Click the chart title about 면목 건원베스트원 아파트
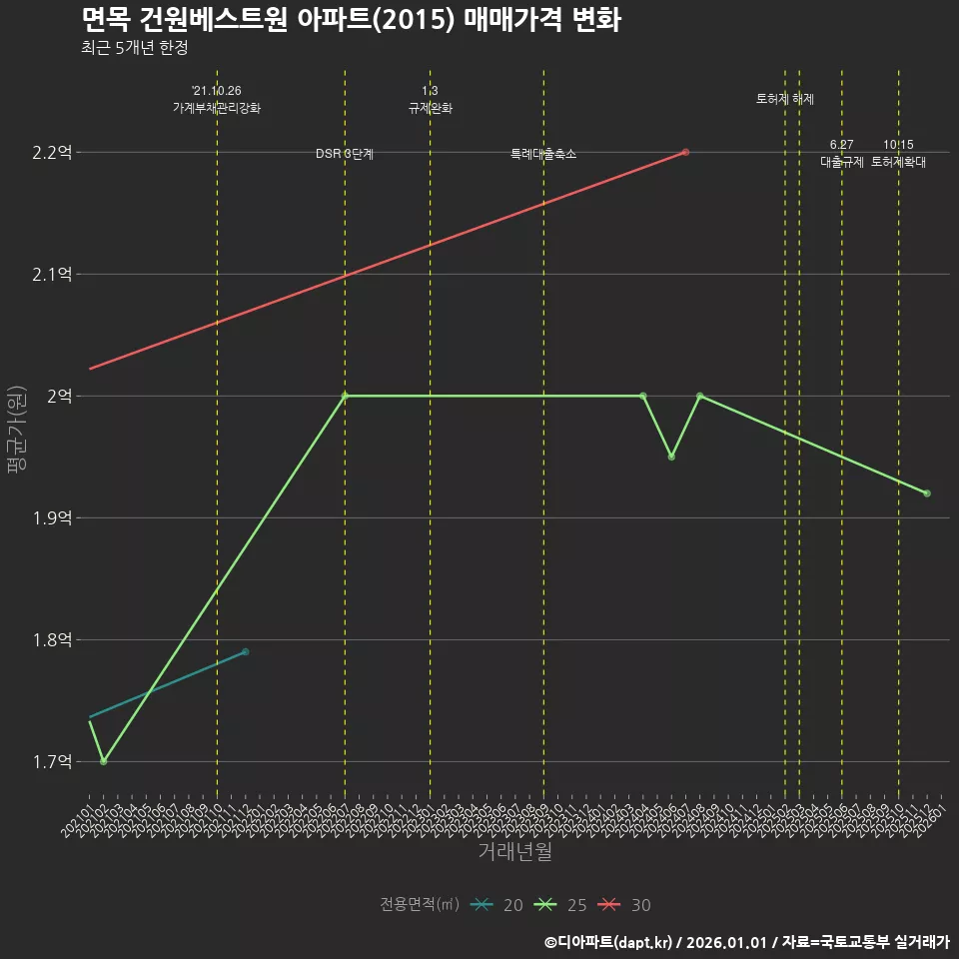click(x=351, y=19)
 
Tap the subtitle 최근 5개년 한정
click(x=134, y=48)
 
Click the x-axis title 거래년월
click(x=514, y=852)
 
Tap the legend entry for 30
click(x=624, y=905)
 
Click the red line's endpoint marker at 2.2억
click(x=685, y=152)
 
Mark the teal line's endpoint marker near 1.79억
click(x=245, y=652)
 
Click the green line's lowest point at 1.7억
click(x=103, y=761)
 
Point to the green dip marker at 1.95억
click(x=671, y=457)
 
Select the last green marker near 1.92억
click(x=927, y=493)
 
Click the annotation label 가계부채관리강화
click(x=217, y=108)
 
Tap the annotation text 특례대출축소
click(x=543, y=154)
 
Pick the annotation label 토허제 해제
click(x=785, y=99)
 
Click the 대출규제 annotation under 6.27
click(x=841, y=162)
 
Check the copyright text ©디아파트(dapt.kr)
click(x=608, y=942)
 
